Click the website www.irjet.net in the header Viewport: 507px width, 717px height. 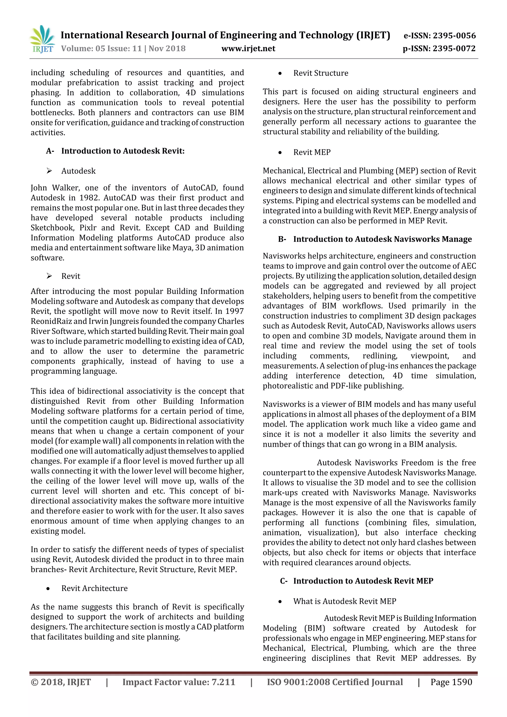point(248,49)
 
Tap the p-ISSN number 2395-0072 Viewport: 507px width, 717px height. point(455,49)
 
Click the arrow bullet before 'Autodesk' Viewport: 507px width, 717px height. point(49,171)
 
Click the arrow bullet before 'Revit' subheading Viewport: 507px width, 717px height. point(49,276)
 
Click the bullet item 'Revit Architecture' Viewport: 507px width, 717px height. point(94,588)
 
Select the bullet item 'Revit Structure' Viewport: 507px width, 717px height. point(321,73)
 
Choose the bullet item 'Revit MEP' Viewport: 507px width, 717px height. point(312,152)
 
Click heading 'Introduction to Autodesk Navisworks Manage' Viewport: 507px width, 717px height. point(382,239)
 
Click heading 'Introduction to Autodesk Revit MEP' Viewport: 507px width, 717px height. point(363,581)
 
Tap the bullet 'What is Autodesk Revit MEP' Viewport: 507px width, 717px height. point(345,601)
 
